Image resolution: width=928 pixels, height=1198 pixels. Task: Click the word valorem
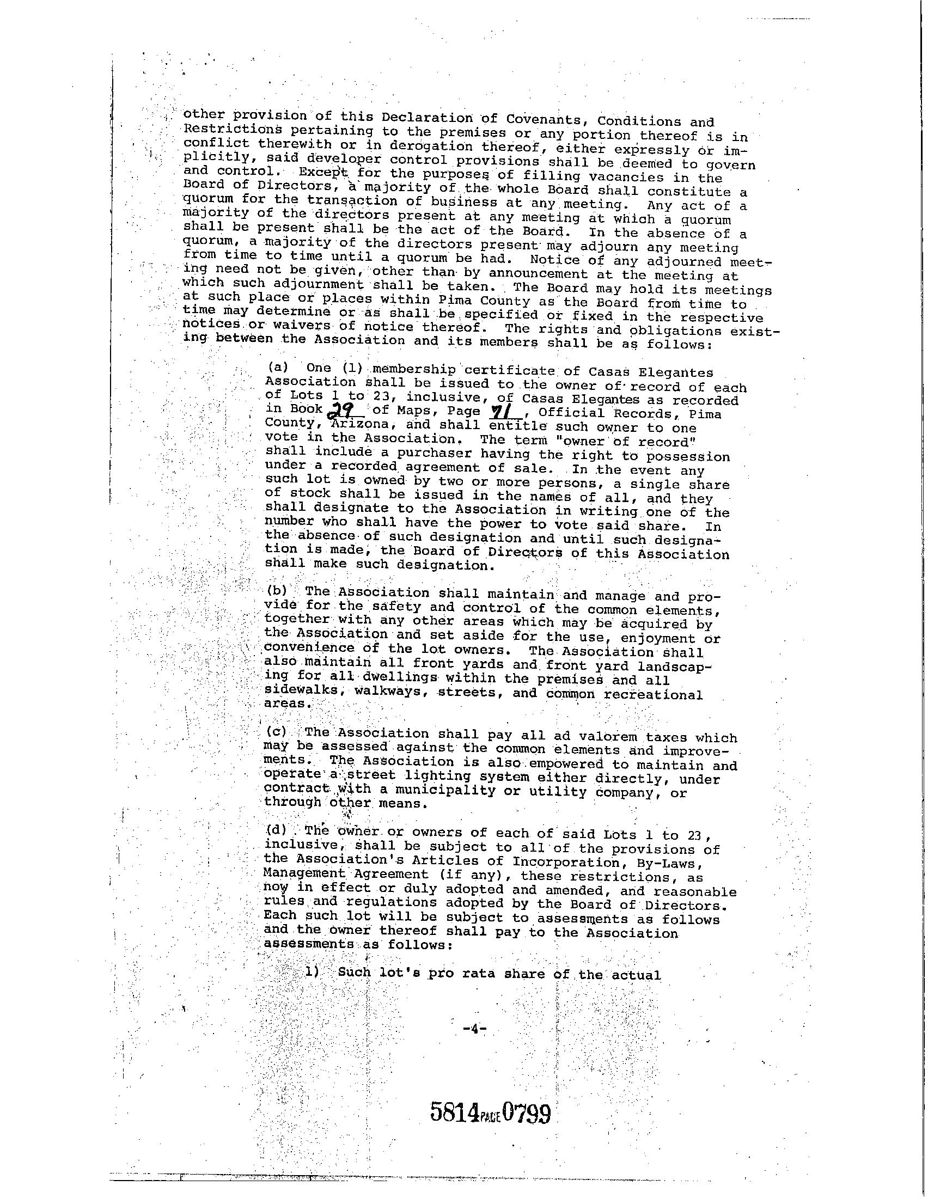tap(610, 736)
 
